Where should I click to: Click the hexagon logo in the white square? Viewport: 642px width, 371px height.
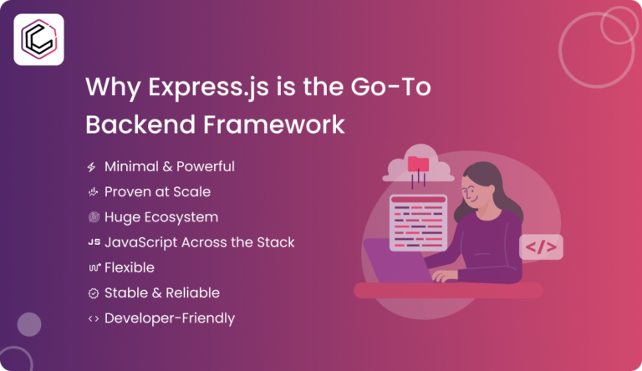pos(38,39)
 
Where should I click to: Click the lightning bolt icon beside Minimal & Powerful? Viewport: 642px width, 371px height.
pos(92,167)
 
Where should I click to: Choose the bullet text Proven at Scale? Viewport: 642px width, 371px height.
pos(157,192)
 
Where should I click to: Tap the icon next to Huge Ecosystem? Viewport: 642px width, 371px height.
pos(93,217)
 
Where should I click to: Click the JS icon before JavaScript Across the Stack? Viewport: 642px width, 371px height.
pos(93,242)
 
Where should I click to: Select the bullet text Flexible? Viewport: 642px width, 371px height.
pos(129,267)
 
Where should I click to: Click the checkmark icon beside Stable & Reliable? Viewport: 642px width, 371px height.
pos(93,293)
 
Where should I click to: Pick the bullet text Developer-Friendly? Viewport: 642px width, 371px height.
pos(169,318)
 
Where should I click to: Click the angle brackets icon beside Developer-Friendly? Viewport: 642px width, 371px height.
pos(93,318)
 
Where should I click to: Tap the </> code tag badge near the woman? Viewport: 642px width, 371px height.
pos(541,246)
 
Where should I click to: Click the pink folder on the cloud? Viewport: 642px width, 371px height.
pos(417,164)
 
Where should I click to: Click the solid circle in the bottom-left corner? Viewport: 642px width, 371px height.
pos(29,324)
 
